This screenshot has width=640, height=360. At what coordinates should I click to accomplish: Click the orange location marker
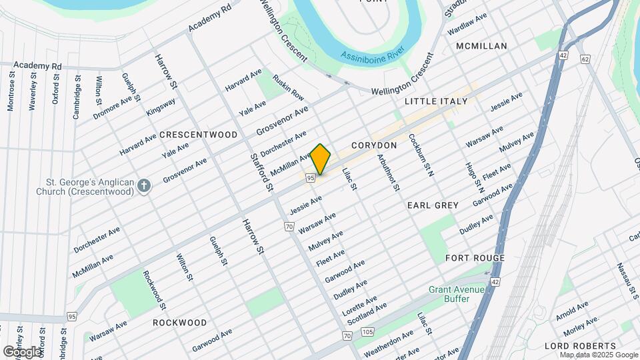pyautogui.click(x=321, y=159)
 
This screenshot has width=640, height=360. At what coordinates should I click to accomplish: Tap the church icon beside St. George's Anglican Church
pyautogui.click(x=143, y=186)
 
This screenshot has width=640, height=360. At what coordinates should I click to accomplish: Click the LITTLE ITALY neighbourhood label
pyautogui.click(x=436, y=101)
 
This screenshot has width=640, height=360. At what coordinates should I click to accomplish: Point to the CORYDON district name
pyautogui.click(x=374, y=145)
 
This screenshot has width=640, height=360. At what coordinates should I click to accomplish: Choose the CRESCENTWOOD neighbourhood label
pyautogui.click(x=199, y=135)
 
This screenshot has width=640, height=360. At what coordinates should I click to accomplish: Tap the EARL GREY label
pyautogui.click(x=433, y=205)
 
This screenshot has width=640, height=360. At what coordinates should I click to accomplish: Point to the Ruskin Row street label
pyautogui.click(x=288, y=87)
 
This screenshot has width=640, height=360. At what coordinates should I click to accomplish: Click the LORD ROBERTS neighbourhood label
pyautogui.click(x=580, y=346)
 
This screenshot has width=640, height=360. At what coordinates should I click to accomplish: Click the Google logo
pyautogui.click(x=21, y=351)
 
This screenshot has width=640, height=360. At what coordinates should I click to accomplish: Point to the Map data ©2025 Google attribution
pyautogui.click(x=599, y=355)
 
